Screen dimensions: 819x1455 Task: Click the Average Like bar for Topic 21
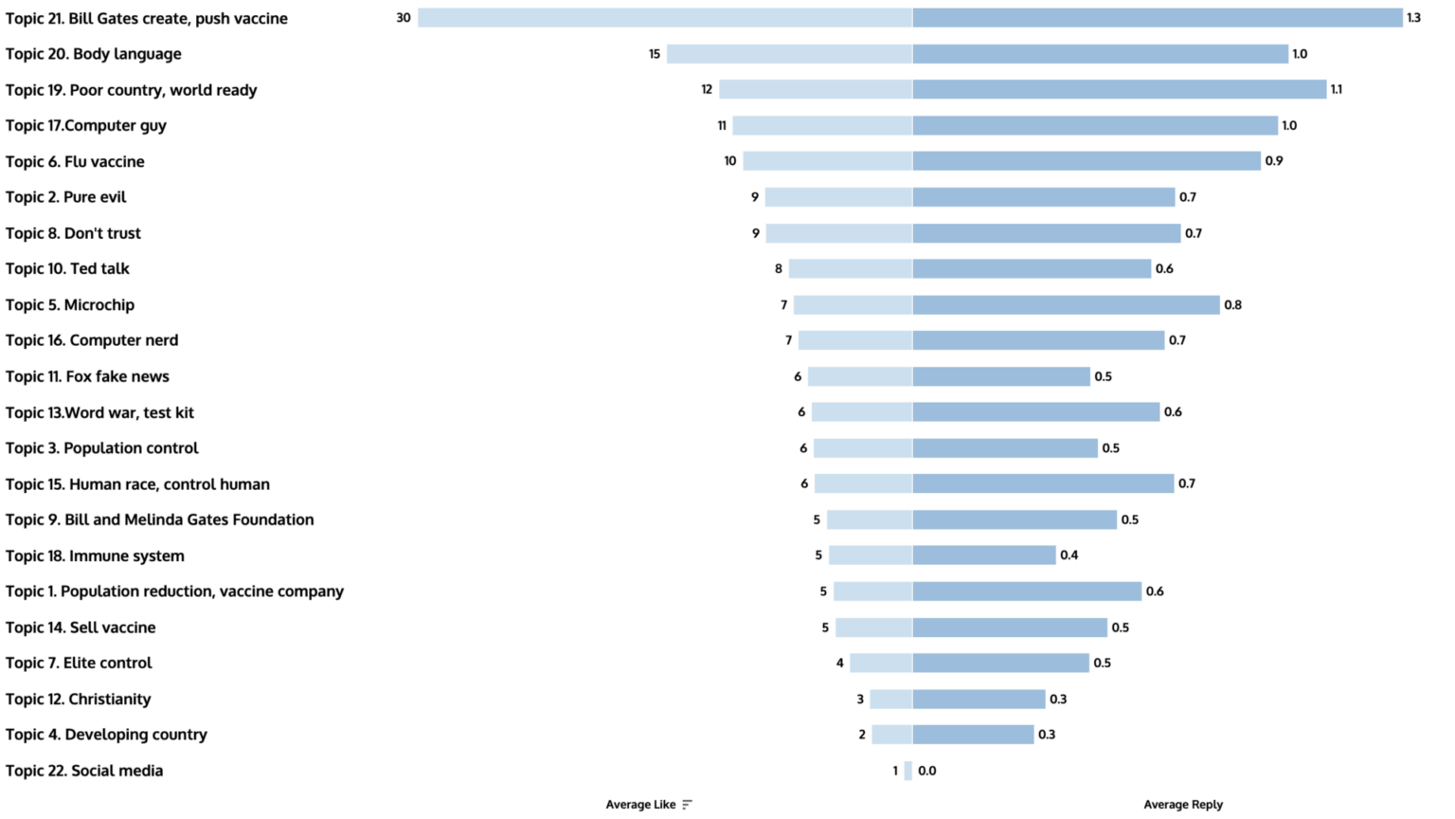665,18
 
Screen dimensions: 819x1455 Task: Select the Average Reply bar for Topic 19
1119,90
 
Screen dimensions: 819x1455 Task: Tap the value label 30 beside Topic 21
404,18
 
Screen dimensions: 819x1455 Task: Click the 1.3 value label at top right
1413,18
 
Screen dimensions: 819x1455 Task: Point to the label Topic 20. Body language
94,54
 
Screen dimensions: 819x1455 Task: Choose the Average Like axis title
640,805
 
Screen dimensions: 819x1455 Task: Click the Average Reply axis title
1183,805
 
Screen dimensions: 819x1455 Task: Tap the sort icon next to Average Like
687,805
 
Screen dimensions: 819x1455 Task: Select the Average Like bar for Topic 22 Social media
908,771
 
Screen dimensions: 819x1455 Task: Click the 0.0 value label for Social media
926,771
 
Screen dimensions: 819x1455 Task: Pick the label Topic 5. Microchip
70,305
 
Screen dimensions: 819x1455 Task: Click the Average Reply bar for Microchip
1066,305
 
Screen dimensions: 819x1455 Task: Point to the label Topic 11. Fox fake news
87,376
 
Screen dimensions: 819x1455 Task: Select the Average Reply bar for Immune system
984,555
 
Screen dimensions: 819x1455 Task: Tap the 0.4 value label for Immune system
1069,555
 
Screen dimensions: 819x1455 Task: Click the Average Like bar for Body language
789,54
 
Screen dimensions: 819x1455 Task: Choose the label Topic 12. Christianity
79,700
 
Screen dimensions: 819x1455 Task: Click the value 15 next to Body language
655,54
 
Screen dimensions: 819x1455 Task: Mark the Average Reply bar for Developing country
973,735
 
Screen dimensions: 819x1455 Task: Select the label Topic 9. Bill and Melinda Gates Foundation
160,519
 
